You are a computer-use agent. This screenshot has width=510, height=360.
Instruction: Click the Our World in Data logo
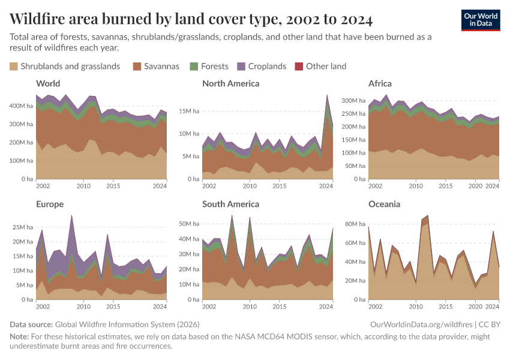pyautogui.click(x=481, y=20)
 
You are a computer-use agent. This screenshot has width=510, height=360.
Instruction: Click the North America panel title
pyautogui.click(x=230, y=83)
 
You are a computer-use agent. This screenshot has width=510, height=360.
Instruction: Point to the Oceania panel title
pyautogui.click(x=384, y=204)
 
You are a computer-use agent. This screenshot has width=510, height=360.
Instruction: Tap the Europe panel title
pyautogui.click(x=50, y=204)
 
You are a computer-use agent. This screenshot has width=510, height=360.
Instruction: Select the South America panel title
pyautogui.click(x=230, y=204)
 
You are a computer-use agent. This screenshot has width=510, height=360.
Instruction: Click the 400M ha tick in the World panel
pyautogui.click(x=20, y=106)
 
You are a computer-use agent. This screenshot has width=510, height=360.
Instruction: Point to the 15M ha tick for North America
pyautogui.click(x=187, y=111)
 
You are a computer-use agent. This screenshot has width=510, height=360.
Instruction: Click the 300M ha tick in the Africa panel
pyautogui.click(x=353, y=100)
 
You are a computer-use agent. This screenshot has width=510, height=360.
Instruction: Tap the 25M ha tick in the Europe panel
pyautogui.click(x=22, y=227)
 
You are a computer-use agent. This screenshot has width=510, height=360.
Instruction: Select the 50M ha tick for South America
pyautogui.click(x=187, y=223)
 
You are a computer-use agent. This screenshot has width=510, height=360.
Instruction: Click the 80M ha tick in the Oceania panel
pyautogui.click(x=354, y=224)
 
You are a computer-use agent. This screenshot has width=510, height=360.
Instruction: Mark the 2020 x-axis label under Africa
pyautogui.click(x=475, y=186)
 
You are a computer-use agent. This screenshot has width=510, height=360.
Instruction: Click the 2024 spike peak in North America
pyautogui.click(x=327, y=95)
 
